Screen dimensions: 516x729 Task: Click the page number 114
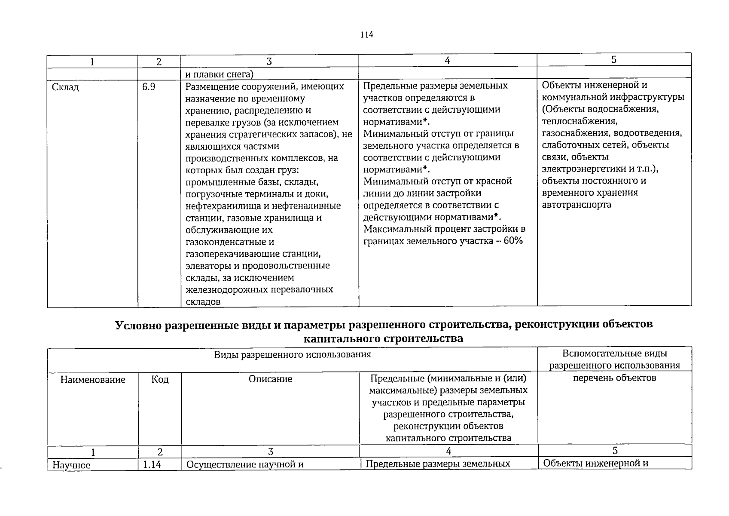point(366,35)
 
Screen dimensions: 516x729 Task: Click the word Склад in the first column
point(65,87)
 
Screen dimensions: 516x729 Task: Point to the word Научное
point(71,465)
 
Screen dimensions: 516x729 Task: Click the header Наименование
point(93,380)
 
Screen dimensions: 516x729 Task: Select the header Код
point(160,380)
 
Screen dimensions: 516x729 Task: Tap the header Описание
point(270,379)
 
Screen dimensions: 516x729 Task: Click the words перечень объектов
point(614,378)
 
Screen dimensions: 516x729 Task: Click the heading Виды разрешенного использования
point(292,355)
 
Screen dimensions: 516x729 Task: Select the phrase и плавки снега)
point(219,74)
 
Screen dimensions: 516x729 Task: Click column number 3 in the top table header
point(269,61)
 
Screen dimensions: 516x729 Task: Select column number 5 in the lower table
point(615,451)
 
